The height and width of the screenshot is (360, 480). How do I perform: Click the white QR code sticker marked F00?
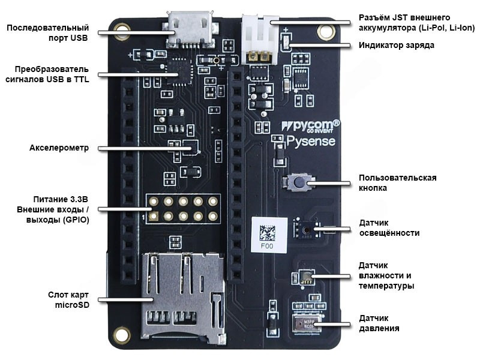click(x=268, y=235)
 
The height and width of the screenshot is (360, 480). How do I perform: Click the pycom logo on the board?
click(x=310, y=126)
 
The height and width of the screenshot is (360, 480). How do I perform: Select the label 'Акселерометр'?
click(x=59, y=148)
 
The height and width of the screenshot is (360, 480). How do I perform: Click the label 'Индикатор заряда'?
click(x=396, y=45)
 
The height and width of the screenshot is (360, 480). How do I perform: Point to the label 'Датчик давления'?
click(x=379, y=323)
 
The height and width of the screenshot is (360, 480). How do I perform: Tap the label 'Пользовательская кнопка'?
click(x=397, y=182)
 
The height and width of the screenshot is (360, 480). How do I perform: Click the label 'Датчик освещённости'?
click(x=389, y=227)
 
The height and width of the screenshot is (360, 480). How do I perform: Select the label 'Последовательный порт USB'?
click(x=47, y=32)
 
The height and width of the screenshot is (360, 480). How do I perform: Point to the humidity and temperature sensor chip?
click(x=305, y=277)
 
